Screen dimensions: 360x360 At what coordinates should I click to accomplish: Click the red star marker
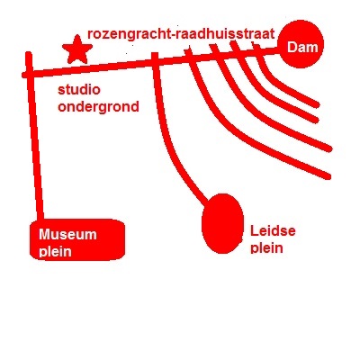click(x=77, y=50)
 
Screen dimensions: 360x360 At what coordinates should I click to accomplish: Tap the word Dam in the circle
click(x=302, y=48)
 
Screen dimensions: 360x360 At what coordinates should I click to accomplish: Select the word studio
click(x=79, y=89)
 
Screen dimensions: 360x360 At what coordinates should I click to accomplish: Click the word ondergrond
click(x=98, y=107)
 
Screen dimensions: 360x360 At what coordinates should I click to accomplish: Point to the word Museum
click(x=67, y=234)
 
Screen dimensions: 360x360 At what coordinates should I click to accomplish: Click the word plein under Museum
click(x=56, y=251)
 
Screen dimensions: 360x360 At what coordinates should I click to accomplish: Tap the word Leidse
click(x=273, y=231)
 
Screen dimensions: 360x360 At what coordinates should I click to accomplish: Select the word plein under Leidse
click(x=266, y=248)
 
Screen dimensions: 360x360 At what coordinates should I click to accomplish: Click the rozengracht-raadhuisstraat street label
click(x=181, y=34)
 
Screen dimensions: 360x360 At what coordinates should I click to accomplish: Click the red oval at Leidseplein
click(x=222, y=224)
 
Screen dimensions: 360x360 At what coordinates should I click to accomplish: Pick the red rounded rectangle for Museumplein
click(x=77, y=239)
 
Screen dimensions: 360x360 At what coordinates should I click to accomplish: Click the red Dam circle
click(x=301, y=44)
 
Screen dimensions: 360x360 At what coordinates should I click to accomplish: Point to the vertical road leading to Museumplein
click(x=34, y=137)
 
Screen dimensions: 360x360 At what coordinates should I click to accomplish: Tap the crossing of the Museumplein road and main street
click(x=30, y=74)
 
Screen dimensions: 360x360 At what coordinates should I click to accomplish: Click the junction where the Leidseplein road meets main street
click(x=155, y=61)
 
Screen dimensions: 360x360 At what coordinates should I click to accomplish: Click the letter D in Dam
click(x=292, y=48)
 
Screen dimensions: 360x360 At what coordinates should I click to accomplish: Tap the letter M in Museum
click(x=45, y=234)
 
